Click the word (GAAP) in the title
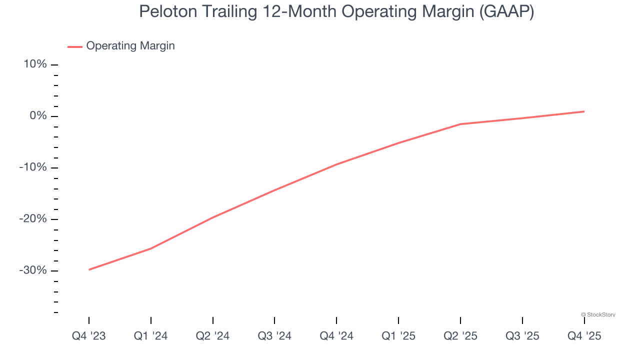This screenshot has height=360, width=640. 506,11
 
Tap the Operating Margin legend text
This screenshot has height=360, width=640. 130,46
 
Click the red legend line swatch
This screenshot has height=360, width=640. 75,46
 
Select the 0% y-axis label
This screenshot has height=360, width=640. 38,116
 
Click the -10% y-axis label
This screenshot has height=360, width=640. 33,167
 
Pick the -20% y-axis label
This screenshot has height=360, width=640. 33,219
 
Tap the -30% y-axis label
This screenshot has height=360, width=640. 33,270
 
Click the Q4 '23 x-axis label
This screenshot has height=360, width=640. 89,336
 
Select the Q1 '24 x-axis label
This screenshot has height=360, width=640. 150,336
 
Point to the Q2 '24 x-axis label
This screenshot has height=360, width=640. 212,336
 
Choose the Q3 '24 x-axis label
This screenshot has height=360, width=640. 274,336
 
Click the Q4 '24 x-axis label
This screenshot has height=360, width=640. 336,336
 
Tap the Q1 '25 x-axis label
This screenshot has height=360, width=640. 398,336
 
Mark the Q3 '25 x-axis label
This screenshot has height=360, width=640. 522,336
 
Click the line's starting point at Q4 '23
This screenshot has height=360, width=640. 89,269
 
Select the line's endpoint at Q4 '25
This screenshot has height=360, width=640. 584,111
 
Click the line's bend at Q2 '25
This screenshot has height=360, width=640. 460,124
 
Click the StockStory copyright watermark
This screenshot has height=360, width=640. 598,314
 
